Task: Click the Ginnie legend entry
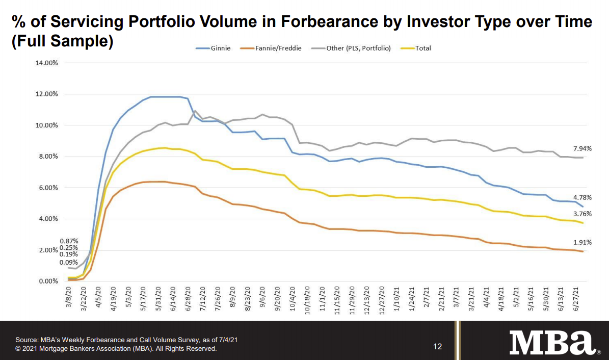[214, 48]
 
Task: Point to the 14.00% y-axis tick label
[46, 63]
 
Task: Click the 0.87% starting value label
[69, 241]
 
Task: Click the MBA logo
[553, 342]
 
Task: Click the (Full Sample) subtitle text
[62, 41]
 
